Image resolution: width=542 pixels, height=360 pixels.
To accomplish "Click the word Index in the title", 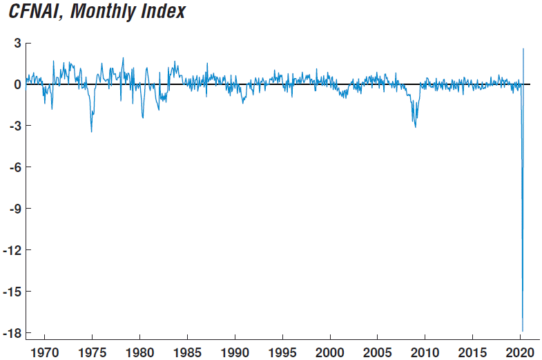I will coord(163,12).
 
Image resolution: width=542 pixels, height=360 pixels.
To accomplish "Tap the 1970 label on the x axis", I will coord(45,351).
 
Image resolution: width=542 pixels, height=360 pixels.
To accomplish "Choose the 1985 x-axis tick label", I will coord(187,351).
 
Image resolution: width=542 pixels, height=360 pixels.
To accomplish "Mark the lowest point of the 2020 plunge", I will coord(523,331).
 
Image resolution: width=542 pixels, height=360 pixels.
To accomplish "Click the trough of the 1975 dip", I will coord(91,132).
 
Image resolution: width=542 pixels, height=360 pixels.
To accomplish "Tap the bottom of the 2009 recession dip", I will coord(415,127).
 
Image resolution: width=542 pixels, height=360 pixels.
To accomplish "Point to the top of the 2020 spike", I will coord(523,48).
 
